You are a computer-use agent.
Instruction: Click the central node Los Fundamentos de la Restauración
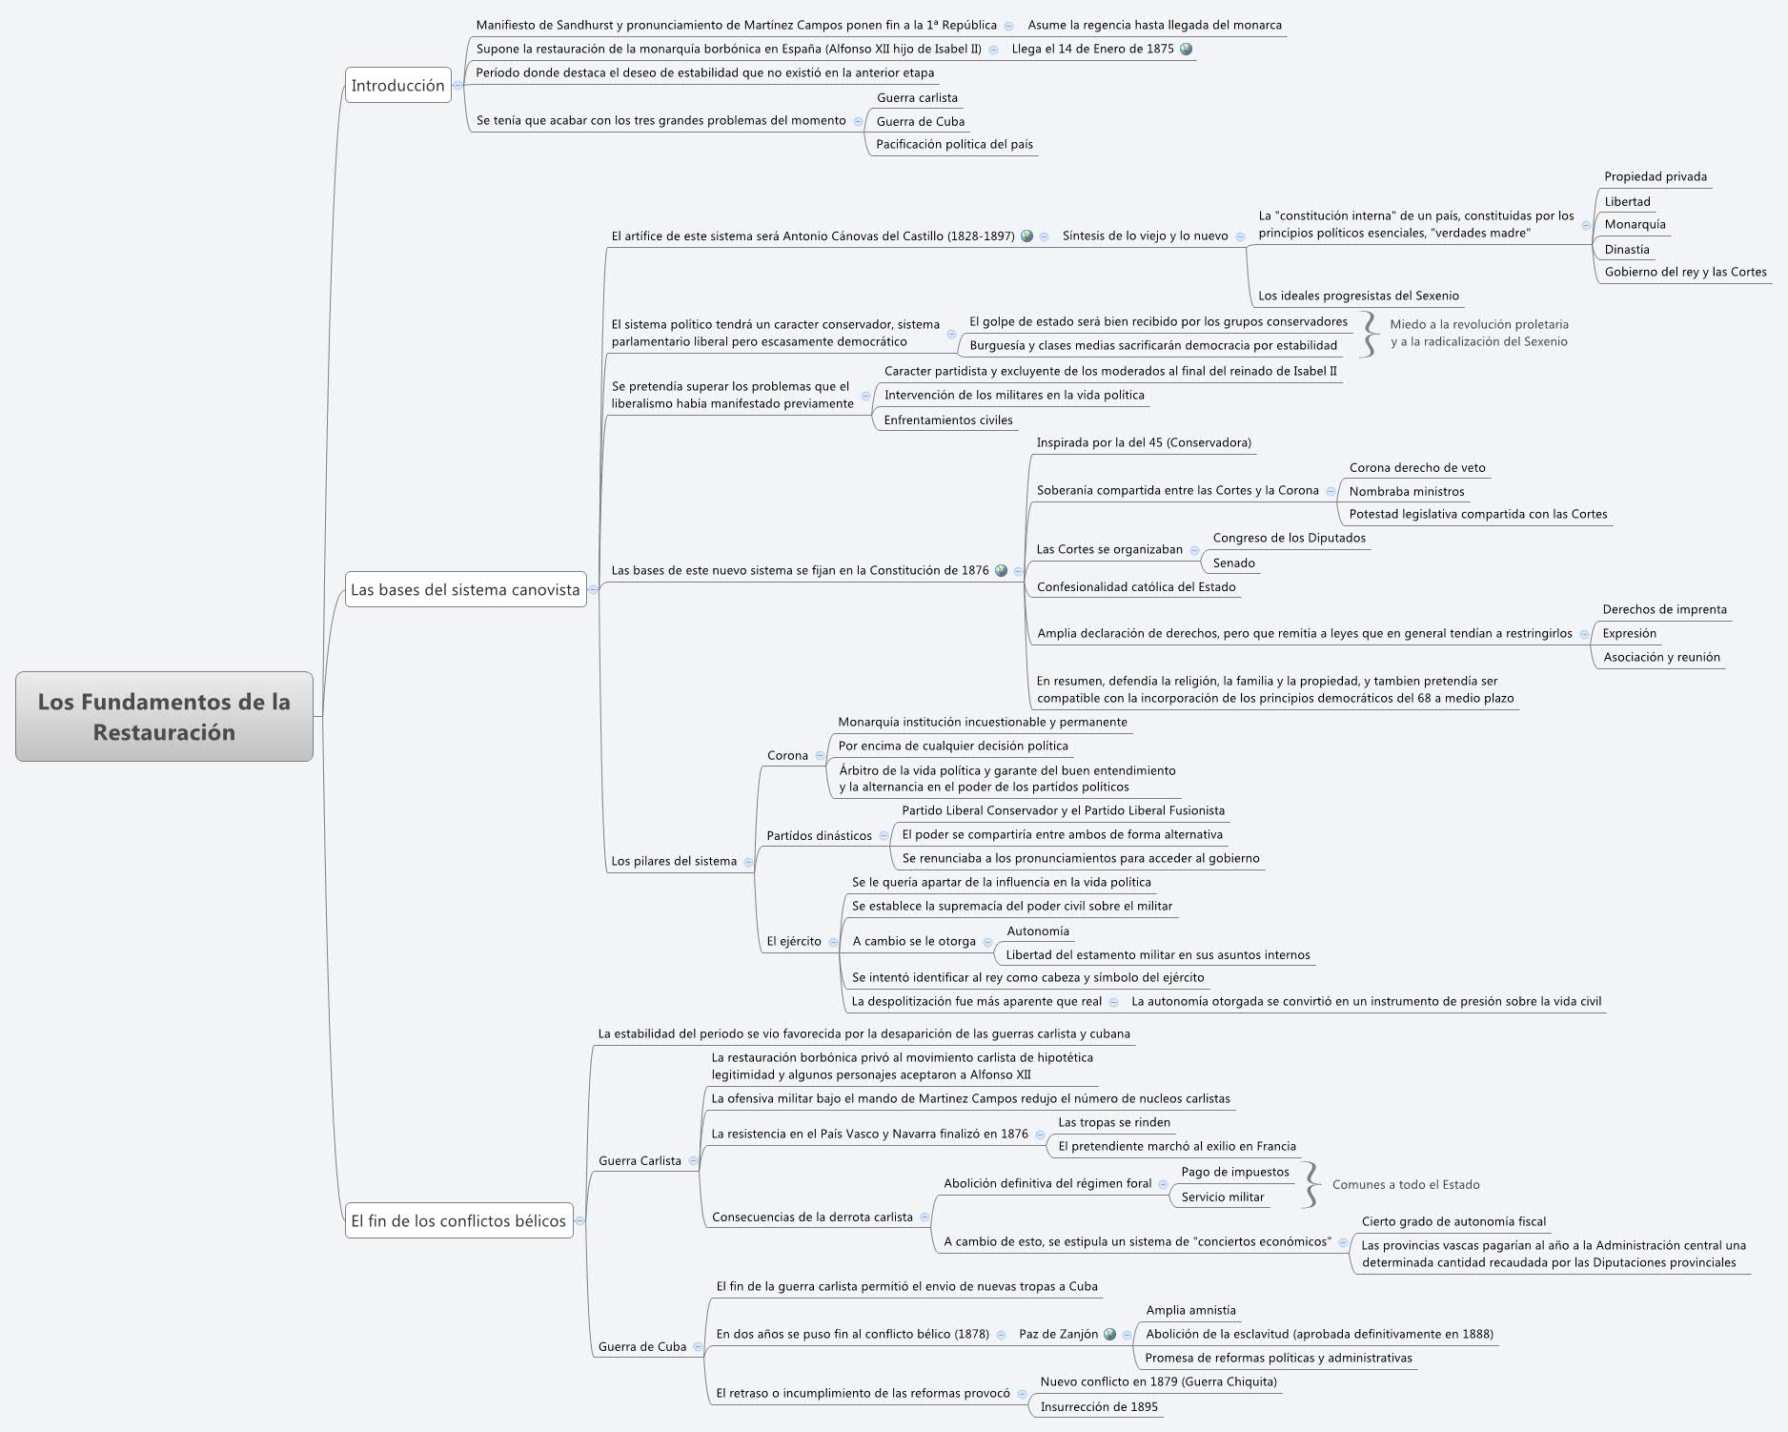coord(164,716)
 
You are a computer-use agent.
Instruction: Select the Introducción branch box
coord(397,86)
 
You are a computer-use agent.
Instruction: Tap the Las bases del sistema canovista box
coord(465,589)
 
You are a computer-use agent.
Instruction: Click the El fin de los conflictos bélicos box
coord(458,1220)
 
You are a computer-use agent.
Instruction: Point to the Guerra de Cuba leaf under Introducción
coord(920,121)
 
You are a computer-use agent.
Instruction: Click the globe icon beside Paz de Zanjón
coord(1109,1334)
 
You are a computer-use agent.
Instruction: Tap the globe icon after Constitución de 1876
coord(1001,570)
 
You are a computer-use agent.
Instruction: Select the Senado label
coord(1233,563)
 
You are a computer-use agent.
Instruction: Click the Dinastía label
coord(1626,249)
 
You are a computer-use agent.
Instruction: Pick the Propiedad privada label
coord(1655,176)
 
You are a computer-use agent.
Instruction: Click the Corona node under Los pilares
coord(787,755)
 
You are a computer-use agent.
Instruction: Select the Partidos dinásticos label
coord(819,835)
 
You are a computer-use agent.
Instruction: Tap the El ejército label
coord(794,941)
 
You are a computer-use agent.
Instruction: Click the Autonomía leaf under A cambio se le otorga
coord(1038,931)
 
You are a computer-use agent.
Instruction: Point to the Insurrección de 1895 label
coord(1099,1406)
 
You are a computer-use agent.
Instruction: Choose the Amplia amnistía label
coord(1190,1310)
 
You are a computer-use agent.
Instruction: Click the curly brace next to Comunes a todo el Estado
coord(1312,1184)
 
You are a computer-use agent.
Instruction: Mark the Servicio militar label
coord(1222,1197)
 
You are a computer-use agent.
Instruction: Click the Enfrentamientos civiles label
coord(947,419)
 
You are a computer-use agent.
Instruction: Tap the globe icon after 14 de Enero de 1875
coord(1186,49)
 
